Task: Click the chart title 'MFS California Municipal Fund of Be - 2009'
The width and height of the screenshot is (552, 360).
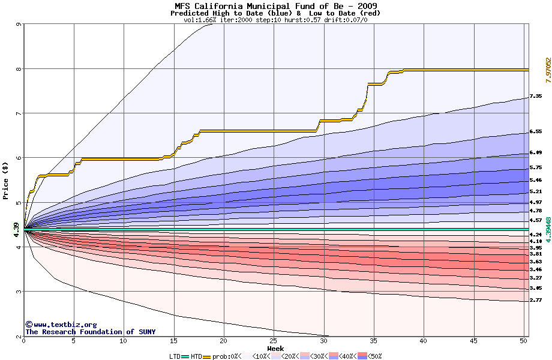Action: (275, 5)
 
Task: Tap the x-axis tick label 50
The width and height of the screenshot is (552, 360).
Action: (524, 341)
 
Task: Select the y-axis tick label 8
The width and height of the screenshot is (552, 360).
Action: (19, 69)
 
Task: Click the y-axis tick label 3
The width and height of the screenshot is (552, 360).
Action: (19, 292)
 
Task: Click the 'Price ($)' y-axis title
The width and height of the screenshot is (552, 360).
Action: (6, 181)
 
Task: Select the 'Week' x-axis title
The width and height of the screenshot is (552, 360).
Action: (275, 348)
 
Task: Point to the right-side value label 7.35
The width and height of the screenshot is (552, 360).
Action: (536, 96)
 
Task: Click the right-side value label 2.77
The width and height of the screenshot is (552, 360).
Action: (536, 299)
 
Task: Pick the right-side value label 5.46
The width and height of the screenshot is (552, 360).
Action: (536, 180)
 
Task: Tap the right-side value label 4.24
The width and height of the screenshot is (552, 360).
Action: (536, 235)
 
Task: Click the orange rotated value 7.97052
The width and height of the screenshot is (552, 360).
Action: (548, 70)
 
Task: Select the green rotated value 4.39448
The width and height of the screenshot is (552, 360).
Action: (548, 229)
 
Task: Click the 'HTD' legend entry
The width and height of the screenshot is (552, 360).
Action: (196, 356)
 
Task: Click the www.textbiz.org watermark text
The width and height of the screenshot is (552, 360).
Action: (61, 325)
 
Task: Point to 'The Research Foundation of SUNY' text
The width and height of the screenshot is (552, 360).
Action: (90, 332)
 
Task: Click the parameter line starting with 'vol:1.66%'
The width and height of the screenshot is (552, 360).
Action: (275, 20)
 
